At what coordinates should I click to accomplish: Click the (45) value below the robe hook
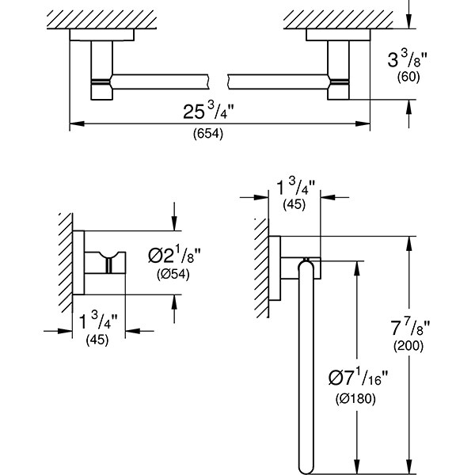point(97,340)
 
